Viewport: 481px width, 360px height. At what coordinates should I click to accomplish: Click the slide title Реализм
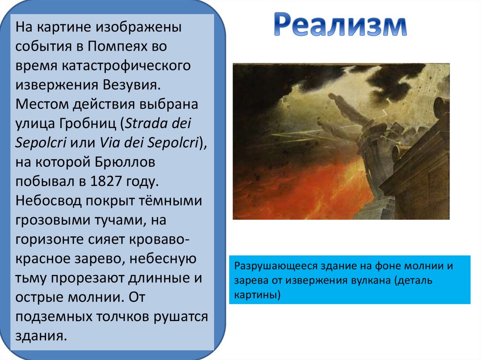click(x=340, y=24)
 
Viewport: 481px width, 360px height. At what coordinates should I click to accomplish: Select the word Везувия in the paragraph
click(x=132, y=85)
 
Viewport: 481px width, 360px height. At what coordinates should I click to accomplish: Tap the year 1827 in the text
click(x=106, y=181)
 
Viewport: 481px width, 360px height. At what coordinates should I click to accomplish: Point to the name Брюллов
click(x=124, y=162)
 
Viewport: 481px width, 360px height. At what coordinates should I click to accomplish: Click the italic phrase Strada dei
click(x=158, y=123)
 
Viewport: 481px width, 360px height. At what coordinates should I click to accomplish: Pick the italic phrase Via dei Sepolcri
click(x=149, y=143)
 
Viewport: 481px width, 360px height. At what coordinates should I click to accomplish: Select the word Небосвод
click(x=48, y=200)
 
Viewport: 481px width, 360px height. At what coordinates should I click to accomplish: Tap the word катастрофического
click(x=126, y=66)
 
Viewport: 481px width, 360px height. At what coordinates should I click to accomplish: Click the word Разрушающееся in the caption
click(x=276, y=266)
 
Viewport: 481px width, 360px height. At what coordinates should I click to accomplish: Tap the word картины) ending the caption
click(x=257, y=294)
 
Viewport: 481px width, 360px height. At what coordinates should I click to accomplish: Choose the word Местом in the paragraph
click(x=42, y=104)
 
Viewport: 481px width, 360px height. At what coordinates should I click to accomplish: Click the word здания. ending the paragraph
click(x=41, y=336)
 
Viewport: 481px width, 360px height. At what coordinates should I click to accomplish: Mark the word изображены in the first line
click(x=139, y=27)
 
